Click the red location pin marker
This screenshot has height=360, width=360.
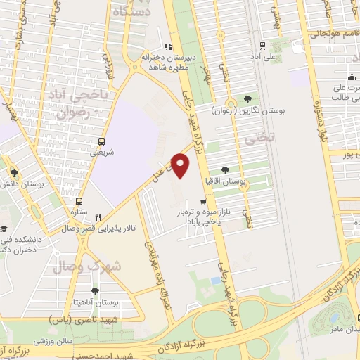(181, 167)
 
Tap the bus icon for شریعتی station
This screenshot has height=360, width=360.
(103, 141)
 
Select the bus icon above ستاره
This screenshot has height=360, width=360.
(79, 199)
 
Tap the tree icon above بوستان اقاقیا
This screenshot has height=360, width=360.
(224, 169)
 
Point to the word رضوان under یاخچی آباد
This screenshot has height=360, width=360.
(75, 112)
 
